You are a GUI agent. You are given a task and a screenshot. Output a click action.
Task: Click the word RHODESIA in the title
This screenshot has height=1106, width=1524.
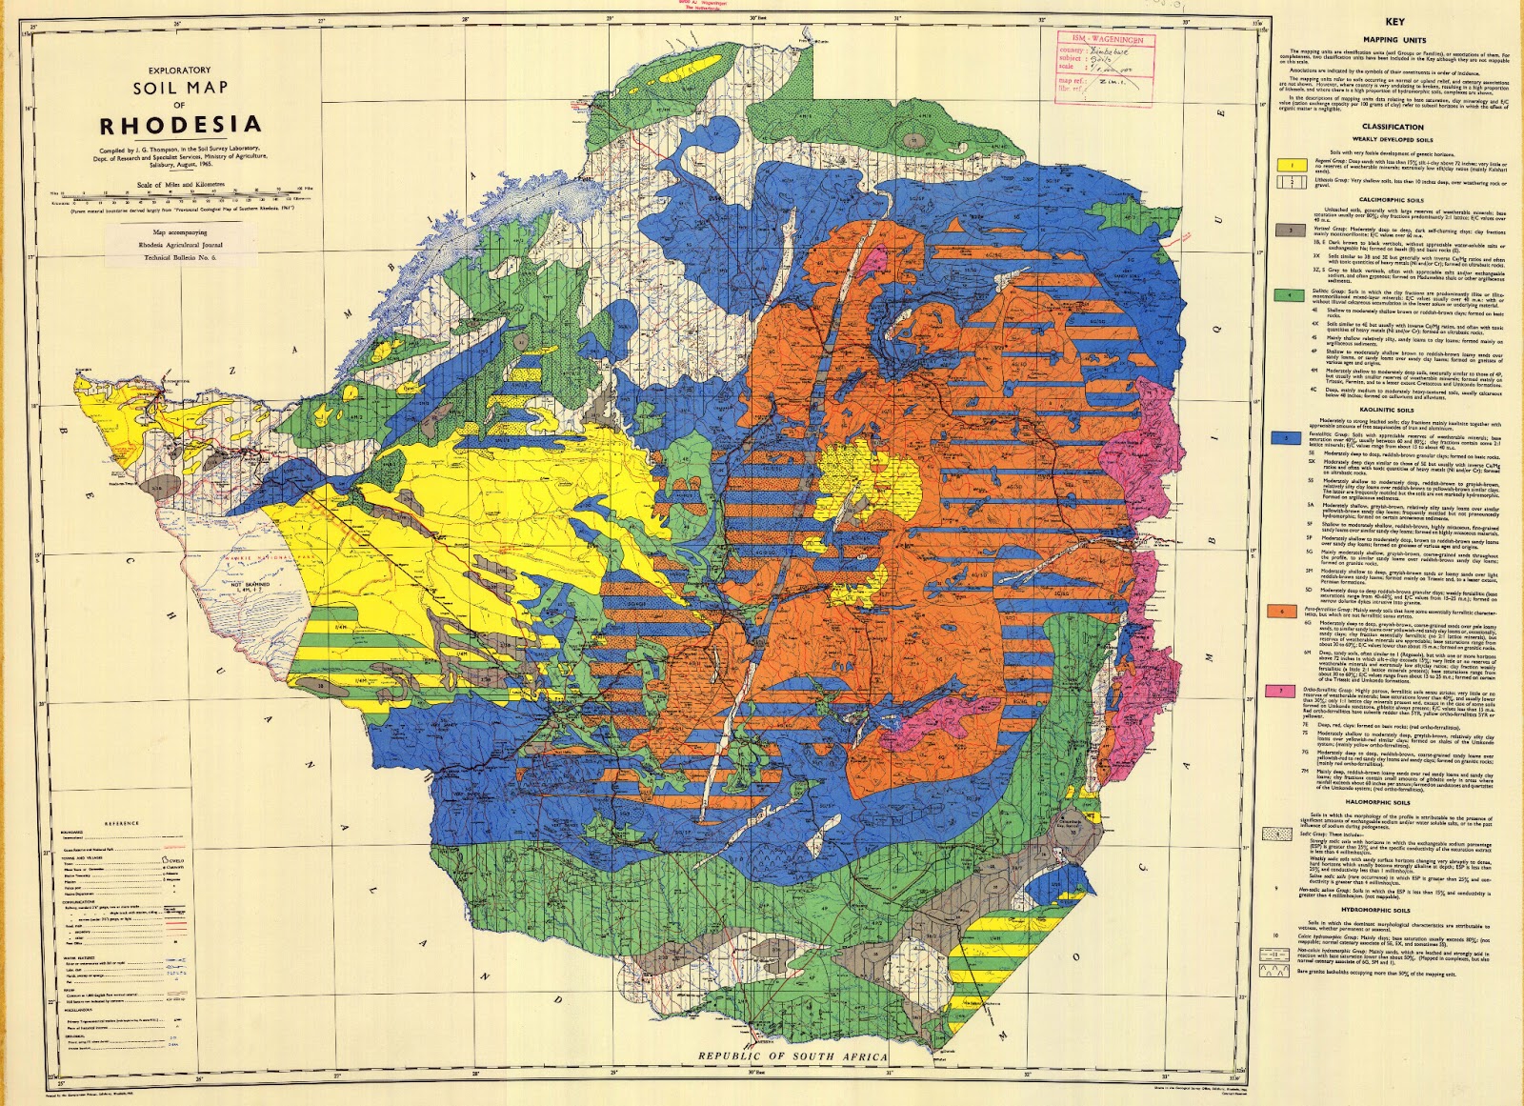[180, 125]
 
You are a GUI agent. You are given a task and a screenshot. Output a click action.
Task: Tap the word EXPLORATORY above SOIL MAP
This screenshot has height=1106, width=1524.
[179, 70]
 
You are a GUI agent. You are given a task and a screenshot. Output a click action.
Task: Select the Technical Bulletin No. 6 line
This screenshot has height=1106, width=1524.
[180, 257]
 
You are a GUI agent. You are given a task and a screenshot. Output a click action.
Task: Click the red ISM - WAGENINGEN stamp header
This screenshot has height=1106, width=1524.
[1106, 40]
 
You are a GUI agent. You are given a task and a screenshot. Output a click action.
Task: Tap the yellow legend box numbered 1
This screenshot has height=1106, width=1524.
[1291, 165]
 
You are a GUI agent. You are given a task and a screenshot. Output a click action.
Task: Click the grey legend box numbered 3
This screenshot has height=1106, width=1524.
[1291, 230]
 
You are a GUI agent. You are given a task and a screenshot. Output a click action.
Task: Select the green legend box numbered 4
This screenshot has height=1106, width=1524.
[1291, 295]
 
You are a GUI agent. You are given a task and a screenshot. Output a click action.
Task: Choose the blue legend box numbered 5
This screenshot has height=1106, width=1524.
[1291, 438]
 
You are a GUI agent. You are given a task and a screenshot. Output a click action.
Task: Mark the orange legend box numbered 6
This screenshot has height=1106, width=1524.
[1291, 611]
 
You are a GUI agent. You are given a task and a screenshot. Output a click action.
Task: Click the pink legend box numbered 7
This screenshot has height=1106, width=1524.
[1291, 691]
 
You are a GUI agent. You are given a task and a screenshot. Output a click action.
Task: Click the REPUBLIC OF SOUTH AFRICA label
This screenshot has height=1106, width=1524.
[792, 1056]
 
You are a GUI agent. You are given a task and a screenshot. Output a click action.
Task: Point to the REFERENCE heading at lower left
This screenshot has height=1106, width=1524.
[122, 823]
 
